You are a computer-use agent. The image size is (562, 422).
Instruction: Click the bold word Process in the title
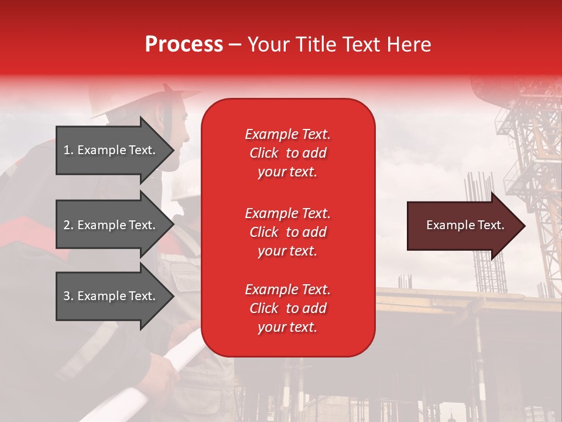click(x=184, y=45)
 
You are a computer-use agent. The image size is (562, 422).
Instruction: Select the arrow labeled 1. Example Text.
click(x=111, y=150)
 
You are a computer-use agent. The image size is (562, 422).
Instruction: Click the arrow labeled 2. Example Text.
click(x=111, y=225)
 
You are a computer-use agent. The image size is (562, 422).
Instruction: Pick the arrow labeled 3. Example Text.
click(x=111, y=296)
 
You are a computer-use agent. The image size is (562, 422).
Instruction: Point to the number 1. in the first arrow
click(x=68, y=150)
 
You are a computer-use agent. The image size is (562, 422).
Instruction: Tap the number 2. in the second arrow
click(x=68, y=225)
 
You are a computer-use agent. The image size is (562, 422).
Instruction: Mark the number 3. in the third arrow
click(x=68, y=296)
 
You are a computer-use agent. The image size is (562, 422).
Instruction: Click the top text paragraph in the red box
click(x=287, y=153)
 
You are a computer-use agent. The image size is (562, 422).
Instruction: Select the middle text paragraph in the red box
click(x=287, y=232)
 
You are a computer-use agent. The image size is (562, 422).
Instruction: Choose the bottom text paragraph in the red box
click(x=287, y=308)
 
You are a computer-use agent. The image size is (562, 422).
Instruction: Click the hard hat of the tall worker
click(x=146, y=100)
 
